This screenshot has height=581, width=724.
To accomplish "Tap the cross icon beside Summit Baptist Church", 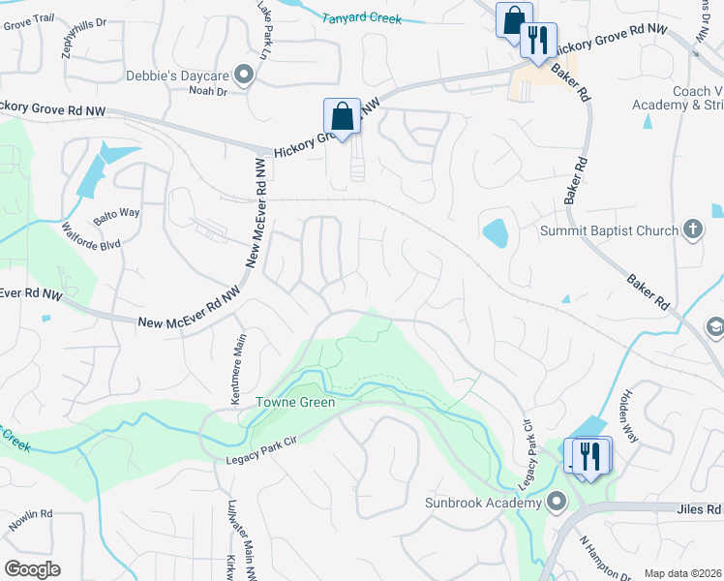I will pos(692,229).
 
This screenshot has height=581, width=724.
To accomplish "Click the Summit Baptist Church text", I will pos(607,230).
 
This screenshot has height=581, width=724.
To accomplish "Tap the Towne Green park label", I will pos(295,402).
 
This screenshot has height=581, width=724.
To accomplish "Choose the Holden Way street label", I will pos(627,413).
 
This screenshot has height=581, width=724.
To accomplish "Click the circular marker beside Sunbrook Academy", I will pos(557,502).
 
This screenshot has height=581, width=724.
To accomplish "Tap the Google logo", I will pos(32,568).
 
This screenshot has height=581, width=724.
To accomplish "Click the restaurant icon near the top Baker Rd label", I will pos(538,40).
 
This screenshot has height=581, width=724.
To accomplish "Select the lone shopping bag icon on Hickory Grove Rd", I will pos(342,116).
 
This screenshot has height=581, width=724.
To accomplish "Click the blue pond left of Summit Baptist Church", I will pos(494,232).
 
